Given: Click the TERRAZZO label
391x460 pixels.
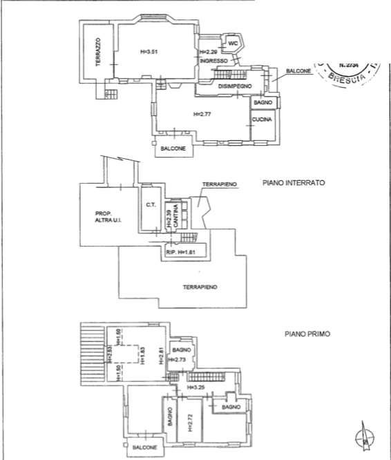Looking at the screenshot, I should click(98, 52).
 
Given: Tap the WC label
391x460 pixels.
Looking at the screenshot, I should click(233, 44).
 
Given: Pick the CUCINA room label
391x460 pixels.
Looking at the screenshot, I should click(263, 119).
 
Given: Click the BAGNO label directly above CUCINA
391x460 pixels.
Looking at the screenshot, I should click(263, 103).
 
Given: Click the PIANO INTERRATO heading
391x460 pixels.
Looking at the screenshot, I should click(294, 184).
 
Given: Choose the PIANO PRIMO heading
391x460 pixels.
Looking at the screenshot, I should click(307, 334).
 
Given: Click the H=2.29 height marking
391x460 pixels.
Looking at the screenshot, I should click(207, 52).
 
